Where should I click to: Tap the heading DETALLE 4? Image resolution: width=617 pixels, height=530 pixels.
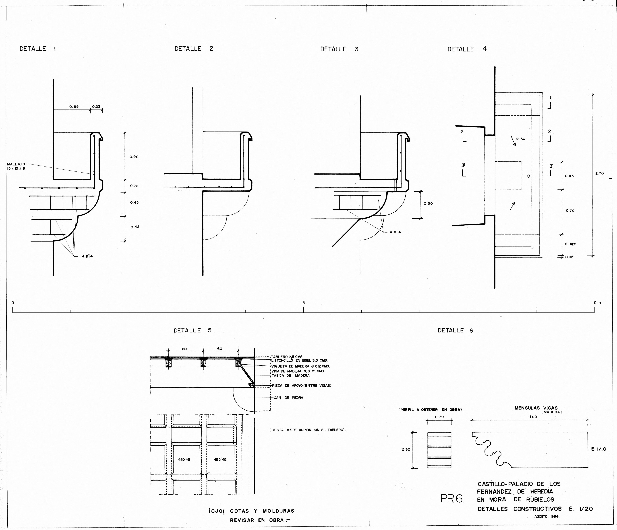click(467, 49)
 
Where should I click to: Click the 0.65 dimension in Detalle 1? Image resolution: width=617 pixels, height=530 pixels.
click(74, 107)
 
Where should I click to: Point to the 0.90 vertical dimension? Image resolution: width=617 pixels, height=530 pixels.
click(134, 157)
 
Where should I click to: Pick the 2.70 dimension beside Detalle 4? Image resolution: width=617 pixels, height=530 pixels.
click(599, 173)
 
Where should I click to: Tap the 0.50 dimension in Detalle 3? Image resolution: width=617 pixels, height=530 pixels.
click(428, 204)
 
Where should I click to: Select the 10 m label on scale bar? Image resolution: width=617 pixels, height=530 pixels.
click(596, 303)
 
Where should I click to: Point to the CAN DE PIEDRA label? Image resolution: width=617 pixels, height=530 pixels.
click(288, 398)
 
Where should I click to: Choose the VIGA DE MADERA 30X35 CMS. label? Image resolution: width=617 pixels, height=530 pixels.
click(298, 371)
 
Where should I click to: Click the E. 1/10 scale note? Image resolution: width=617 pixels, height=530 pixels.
click(598, 449)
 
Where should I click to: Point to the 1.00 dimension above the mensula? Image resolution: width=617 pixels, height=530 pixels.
click(533, 417)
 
